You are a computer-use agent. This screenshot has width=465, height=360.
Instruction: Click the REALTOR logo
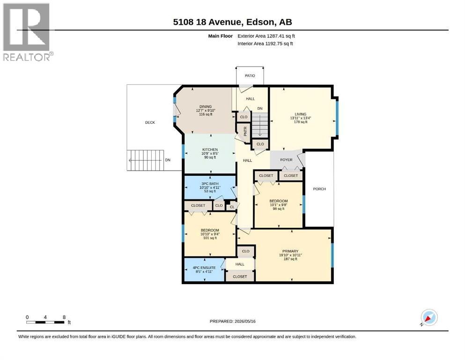[x=27, y=32]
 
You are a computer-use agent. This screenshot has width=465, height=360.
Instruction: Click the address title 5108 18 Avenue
[x=207, y=22]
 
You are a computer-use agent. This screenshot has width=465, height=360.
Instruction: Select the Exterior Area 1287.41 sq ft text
[x=266, y=36]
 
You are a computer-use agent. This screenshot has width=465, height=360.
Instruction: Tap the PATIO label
[x=250, y=75]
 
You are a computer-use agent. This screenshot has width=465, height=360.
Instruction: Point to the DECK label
[x=150, y=122]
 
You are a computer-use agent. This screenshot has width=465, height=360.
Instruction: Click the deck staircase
[x=145, y=160]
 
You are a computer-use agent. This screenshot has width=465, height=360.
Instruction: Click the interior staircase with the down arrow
[x=260, y=125]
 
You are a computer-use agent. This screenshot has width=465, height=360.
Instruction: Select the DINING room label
[x=206, y=106]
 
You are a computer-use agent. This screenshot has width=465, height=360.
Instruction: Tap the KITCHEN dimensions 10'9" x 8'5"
[x=210, y=153]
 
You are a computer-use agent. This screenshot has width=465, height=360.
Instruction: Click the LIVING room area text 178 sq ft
[x=301, y=122]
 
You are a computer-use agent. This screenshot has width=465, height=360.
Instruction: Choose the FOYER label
[x=286, y=160]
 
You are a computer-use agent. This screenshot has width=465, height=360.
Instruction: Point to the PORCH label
[x=319, y=189]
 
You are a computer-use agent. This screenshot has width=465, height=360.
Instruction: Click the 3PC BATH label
[x=210, y=184]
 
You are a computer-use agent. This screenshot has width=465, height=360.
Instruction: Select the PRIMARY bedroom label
[x=290, y=251]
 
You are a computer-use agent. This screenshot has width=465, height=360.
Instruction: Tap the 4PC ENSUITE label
[x=204, y=268]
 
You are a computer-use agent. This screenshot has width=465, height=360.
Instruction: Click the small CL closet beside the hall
[x=232, y=207]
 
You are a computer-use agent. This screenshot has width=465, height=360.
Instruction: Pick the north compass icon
[x=429, y=317]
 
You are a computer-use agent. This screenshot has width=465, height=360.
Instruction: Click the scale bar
[x=45, y=322]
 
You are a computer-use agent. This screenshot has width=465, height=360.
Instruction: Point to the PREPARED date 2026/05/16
[x=232, y=321]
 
